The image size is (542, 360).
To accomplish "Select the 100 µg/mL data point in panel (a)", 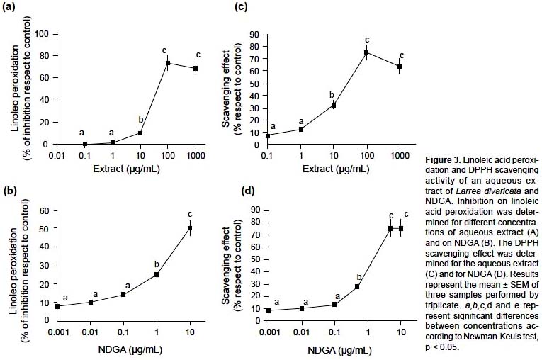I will [x=168, y=64].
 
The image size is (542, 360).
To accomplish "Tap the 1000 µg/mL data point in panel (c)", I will [x=400, y=67].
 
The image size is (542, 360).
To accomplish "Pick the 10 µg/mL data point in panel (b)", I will [x=189, y=228].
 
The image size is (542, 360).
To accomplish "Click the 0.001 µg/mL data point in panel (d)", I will [x=269, y=310].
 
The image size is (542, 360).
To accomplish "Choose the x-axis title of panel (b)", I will [x=124, y=347].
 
